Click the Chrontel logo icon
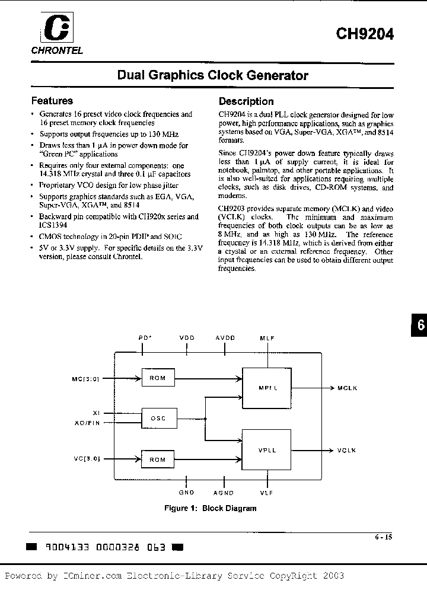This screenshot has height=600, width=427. [48, 28]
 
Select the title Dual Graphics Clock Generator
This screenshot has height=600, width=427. [213, 76]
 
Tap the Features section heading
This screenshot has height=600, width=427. [52, 101]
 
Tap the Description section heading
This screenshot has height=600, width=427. [246, 101]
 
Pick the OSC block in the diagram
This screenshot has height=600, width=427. [158, 419]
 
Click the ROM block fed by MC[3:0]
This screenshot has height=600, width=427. [158, 378]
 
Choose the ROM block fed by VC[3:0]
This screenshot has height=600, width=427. [158, 459]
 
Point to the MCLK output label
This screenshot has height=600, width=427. [347, 388]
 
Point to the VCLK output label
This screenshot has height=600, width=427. [347, 451]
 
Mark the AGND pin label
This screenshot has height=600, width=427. [224, 493]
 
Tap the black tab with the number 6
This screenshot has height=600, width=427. [418, 325]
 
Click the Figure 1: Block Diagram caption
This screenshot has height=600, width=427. [210, 508]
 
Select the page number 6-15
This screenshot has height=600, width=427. [383, 537]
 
